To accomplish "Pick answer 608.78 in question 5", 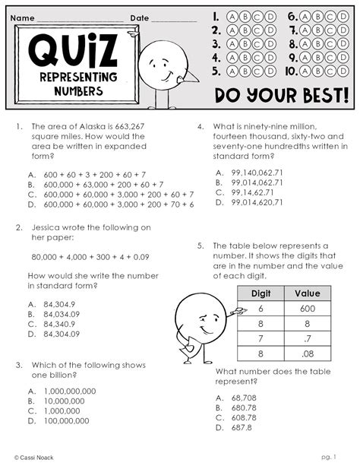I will (x=239, y=417).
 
